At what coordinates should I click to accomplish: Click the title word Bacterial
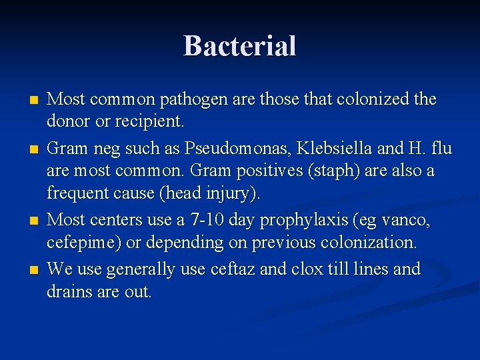(x=240, y=46)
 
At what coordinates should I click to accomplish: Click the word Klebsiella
(x=338, y=147)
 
